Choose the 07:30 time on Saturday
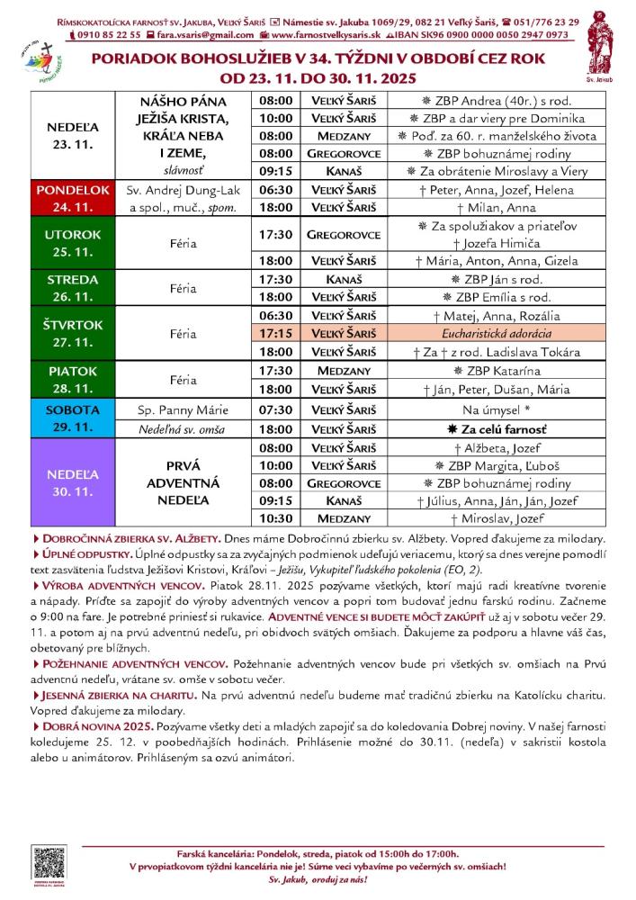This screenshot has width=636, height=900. (x=274, y=409)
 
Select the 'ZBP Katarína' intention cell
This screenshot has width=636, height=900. (x=496, y=370)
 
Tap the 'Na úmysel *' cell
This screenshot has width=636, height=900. (x=496, y=409)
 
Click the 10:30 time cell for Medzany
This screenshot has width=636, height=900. (x=274, y=519)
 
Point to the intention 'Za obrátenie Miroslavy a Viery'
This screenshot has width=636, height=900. (x=496, y=171)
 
